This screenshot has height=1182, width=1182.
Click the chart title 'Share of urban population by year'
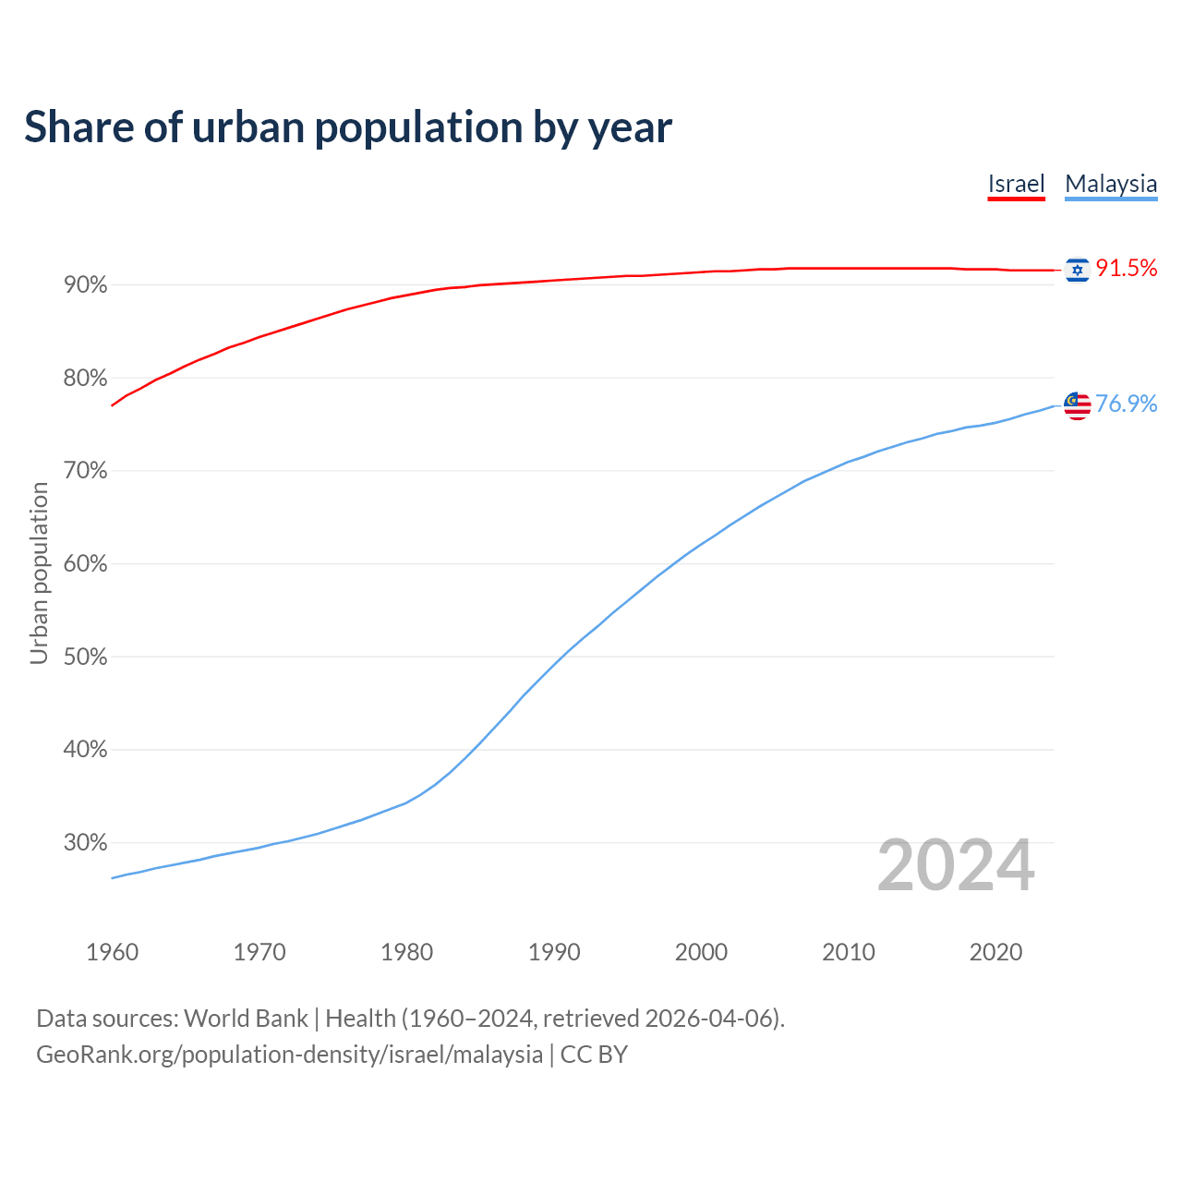pos(348,127)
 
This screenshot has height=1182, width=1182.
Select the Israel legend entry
pos(1016,184)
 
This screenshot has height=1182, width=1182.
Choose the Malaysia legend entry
pos(1111,184)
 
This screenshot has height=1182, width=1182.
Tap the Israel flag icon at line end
pos(1077,270)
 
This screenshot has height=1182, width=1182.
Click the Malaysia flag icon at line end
pos(1077,405)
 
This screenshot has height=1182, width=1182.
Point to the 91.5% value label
pos(1127,269)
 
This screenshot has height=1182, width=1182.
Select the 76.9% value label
pos(1127,404)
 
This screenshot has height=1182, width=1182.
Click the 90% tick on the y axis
pos(86,285)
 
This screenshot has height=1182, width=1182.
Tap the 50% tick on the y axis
pos(86,657)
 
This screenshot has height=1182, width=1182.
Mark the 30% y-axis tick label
pos(86,843)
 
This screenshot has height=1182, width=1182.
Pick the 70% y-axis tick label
pos(86,471)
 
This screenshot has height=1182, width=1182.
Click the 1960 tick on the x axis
pos(113,952)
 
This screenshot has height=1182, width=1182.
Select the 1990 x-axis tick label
pos(554,952)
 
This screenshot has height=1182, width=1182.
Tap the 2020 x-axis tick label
pos(995,952)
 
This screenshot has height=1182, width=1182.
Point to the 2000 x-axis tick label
pos(701,952)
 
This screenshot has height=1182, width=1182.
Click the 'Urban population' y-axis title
pos(39,573)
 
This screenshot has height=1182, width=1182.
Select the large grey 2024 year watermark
pos(956,866)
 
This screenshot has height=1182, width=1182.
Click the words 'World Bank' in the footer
pos(246,1019)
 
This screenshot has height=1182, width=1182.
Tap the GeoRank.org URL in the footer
pos(289,1055)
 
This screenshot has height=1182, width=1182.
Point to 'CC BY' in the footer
pos(594,1055)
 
